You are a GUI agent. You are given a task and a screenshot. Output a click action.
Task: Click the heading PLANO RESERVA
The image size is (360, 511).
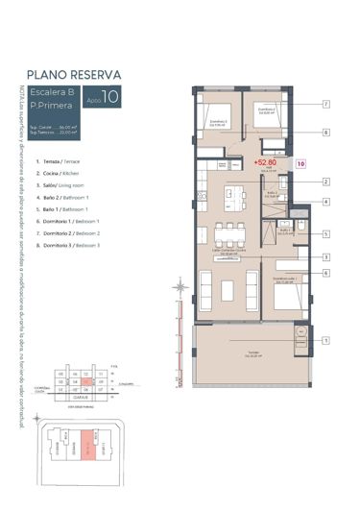click(x=73, y=72)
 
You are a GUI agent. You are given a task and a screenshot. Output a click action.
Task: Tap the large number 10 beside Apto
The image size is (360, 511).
click(x=112, y=97)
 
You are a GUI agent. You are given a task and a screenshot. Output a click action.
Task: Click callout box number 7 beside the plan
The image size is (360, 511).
click(x=326, y=104)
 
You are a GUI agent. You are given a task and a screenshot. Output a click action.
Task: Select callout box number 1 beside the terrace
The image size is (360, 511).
click(x=326, y=339)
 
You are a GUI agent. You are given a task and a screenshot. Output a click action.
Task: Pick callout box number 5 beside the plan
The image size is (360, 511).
click(x=326, y=233)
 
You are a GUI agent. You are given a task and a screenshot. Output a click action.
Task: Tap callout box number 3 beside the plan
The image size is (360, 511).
click(x=326, y=256)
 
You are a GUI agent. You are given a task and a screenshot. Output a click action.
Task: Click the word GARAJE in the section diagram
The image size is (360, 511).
click(x=84, y=395)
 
